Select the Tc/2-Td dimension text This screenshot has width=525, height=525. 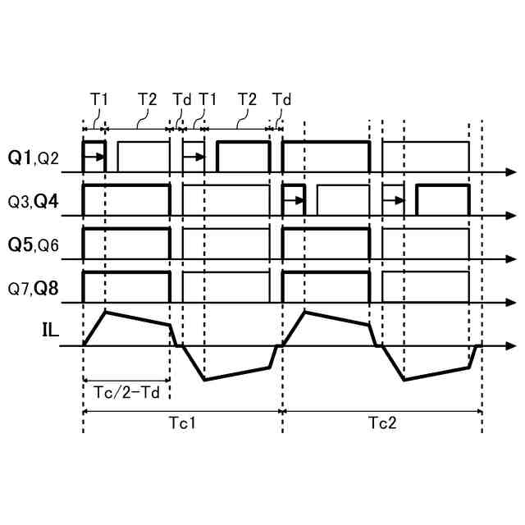coord(126,391)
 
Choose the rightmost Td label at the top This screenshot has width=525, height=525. coord(281,98)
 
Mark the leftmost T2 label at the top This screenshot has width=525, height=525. coord(147,98)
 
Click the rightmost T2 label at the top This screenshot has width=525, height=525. coord(247,98)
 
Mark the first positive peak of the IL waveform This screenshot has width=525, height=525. coord(105,312)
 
